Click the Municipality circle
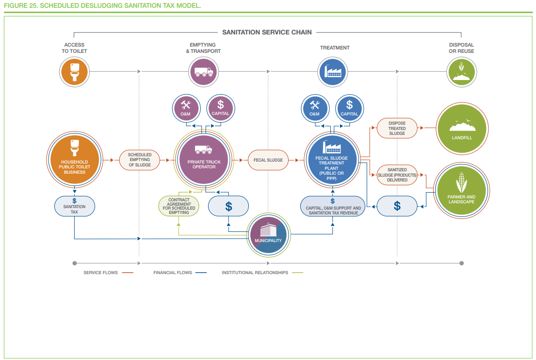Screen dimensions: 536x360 point(268,235)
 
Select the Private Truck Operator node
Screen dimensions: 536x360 point(204,160)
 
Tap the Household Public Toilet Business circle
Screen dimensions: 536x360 point(75,160)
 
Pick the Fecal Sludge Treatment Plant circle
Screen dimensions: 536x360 point(332,160)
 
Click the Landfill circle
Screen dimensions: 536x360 point(462,129)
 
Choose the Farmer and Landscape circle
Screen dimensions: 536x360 point(461,190)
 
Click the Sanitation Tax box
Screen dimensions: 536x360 point(75,206)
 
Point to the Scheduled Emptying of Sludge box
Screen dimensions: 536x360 point(140,160)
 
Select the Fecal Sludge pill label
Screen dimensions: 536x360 point(268,160)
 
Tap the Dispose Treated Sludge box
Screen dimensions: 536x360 point(397,128)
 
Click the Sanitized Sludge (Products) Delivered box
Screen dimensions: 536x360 point(397,175)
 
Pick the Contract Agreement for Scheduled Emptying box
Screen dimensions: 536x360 point(179,206)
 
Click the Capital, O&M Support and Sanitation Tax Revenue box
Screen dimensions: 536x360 point(333,206)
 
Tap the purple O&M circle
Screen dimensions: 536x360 point(186,108)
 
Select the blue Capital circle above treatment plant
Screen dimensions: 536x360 point(349,108)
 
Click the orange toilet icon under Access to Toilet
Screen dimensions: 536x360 point(74,72)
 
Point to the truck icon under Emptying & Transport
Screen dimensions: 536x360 point(203,72)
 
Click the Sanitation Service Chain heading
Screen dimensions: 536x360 point(267,32)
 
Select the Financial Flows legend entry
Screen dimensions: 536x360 point(180,273)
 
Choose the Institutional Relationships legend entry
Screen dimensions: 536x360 point(262,273)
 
